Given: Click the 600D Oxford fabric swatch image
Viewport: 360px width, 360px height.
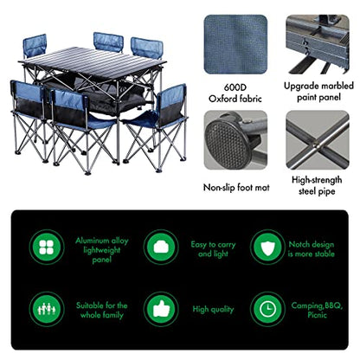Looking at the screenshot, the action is coord(235,44).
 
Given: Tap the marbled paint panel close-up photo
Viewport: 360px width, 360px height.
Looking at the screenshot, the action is coord(318,44).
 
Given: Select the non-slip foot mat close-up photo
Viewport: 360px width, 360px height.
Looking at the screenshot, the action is coord(235,140).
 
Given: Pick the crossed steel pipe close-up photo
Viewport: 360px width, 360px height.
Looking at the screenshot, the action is coord(318,140).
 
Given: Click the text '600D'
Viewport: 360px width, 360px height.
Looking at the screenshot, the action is coord(235,87).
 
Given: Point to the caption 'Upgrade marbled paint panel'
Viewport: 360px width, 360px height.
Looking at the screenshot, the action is coord(318,92).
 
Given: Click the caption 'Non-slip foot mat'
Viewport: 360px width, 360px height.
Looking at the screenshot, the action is coord(236,188).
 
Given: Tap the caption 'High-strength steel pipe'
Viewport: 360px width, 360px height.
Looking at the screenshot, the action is coord(317,185).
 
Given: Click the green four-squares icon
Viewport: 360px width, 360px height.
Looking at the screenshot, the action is coord(47,247).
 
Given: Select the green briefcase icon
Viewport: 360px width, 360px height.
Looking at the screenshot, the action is coord(161,247).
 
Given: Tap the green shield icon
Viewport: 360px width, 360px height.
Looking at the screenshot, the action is coord(268,247).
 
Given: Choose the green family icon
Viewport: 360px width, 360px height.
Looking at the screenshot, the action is coord(47,309).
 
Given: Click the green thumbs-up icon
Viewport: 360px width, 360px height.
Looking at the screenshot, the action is coord(161,309).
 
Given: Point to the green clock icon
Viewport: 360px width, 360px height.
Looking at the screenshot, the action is coord(268,309).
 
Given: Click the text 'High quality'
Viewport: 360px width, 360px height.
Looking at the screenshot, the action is coord(213,310).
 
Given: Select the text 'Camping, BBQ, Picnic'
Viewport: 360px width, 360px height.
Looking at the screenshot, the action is coord(317,310).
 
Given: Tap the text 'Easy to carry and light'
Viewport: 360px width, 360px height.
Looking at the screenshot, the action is coord(213,249).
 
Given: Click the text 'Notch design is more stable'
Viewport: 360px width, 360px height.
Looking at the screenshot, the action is coord(312,249).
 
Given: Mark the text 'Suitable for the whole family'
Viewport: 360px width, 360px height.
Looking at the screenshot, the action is coord(102,310).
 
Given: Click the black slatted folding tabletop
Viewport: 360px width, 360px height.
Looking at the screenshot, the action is coord(93,63).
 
